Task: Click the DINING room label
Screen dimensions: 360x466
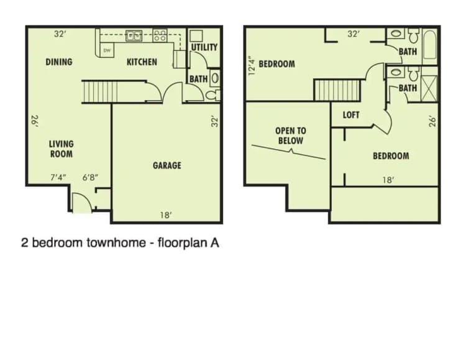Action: pyautogui.click(x=59, y=62)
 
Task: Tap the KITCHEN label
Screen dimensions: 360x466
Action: pyautogui.click(x=142, y=62)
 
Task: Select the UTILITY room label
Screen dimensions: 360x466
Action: pyautogui.click(x=204, y=47)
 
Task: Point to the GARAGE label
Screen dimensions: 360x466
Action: pyautogui.click(x=167, y=165)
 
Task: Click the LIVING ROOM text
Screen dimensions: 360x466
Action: pyautogui.click(x=62, y=149)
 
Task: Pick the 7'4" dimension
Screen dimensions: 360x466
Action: pyautogui.click(x=58, y=177)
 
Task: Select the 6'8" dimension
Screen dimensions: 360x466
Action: pyautogui.click(x=91, y=177)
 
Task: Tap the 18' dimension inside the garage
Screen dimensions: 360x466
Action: pyautogui.click(x=166, y=215)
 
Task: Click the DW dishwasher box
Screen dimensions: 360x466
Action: pyautogui.click(x=107, y=50)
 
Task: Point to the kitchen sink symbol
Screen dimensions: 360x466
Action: pyautogui.click(x=134, y=36)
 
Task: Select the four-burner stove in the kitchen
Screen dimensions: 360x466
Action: pyautogui.click(x=160, y=36)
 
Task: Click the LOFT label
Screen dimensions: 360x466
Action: pyautogui.click(x=351, y=115)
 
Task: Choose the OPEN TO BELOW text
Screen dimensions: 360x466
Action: pyautogui.click(x=290, y=136)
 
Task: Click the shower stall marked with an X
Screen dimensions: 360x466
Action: pyautogui.click(x=429, y=88)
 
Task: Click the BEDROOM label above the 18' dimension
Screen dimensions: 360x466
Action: pyautogui.click(x=391, y=155)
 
